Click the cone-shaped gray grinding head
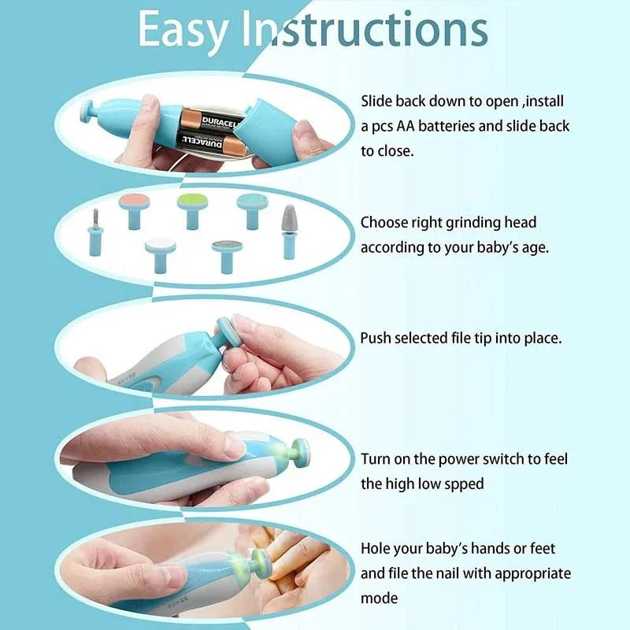click(x=291, y=230)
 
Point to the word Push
click(x=376, y=338)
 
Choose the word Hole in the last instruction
click(x=377, y=548)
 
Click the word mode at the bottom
click(x=380, y=599)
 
